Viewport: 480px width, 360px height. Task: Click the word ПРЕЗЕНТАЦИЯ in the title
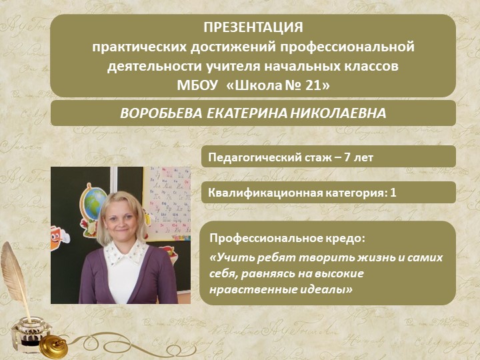click(253, 29)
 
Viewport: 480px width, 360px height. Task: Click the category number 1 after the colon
click(393, 193)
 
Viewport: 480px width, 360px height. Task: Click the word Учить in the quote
click(230, 257)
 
